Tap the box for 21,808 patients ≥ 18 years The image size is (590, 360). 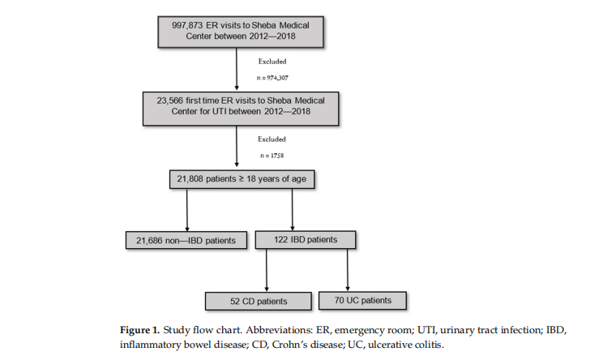point(235,178)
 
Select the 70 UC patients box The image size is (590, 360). point(361,300)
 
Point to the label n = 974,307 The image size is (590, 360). point(272,78)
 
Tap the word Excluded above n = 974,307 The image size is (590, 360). point(272,60)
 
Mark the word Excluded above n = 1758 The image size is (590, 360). point(272,139)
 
